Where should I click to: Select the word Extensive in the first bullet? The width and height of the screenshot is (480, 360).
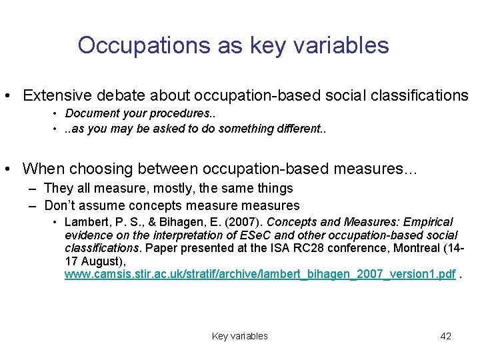pyautogui.click(x=55, y=95)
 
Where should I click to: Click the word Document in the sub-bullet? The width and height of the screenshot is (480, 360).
pyautogui.click(x=92, y=113)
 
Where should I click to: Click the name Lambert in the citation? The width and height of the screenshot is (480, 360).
pyautogui.click(x=85, y=222)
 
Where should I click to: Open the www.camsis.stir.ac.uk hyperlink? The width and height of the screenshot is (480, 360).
pyautogui.click(x=261, y=274)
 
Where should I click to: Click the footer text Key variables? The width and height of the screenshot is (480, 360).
pyautogui.click(x=239, y=336)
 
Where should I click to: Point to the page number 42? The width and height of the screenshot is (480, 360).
pyautogui.click(x=445, y=336)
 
